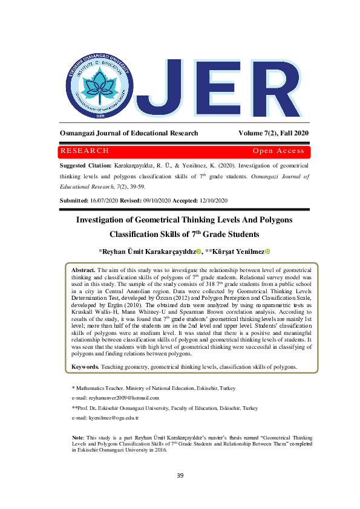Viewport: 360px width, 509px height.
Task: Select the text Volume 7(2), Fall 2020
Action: click(x=273, y=133)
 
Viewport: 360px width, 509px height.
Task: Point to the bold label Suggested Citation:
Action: click(x=85, y=165)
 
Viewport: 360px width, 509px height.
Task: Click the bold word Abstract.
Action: click(x=83, y=270)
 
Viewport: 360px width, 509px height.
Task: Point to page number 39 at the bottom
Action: click(x=180, y=476)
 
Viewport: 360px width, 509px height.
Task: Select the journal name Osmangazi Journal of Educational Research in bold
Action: click(x=129, y=133)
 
